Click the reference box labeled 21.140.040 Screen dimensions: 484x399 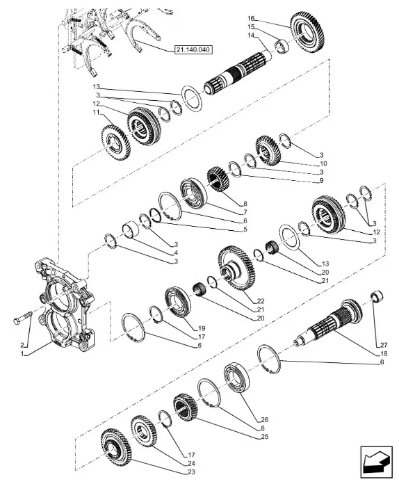click(x=191, y=50)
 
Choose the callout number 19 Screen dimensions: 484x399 click(x=200, y=327)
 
